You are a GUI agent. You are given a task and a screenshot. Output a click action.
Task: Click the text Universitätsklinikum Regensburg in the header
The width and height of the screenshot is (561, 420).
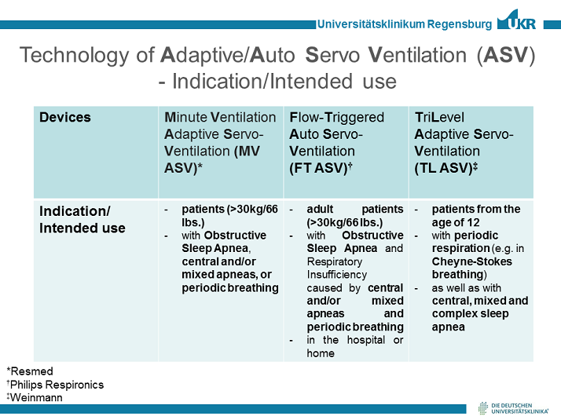404,24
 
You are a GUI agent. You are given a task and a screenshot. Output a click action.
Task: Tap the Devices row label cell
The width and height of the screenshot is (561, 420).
65,118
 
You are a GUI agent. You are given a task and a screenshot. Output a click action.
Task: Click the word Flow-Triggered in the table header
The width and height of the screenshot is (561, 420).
337,118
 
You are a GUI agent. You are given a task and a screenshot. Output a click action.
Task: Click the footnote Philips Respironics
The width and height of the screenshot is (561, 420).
55,384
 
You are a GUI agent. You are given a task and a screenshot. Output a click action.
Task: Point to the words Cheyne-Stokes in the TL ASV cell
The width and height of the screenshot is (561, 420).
471,261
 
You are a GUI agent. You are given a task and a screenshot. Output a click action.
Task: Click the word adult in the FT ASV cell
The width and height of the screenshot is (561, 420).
320,210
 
